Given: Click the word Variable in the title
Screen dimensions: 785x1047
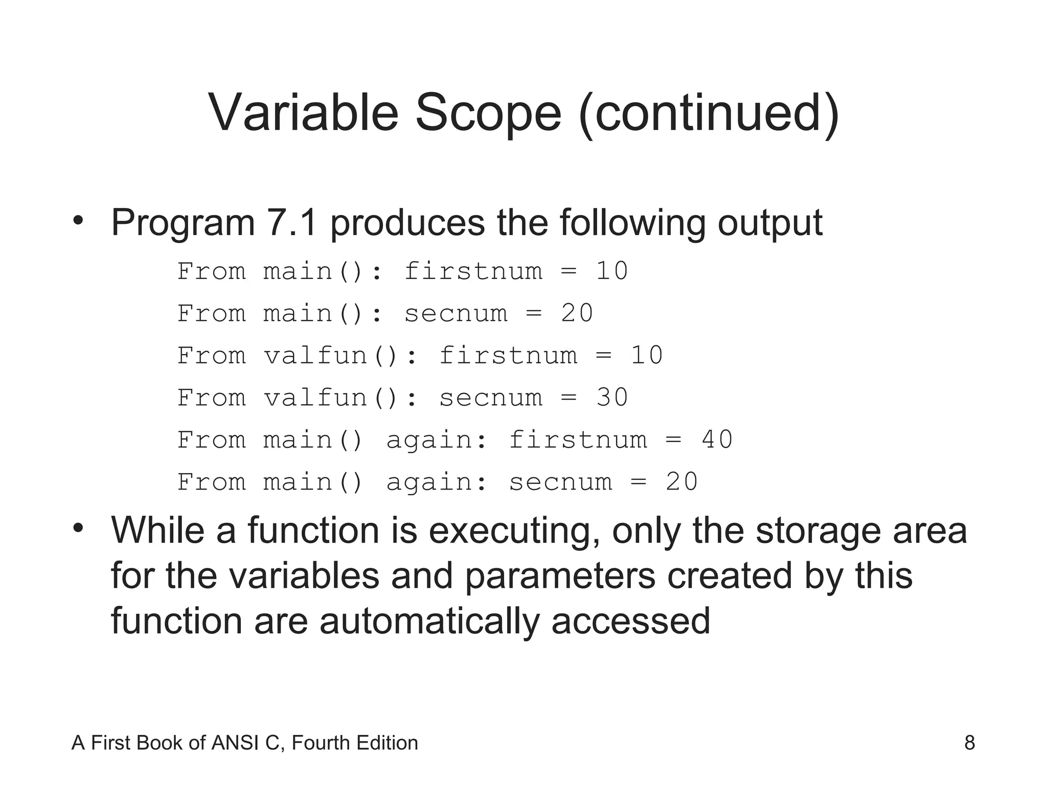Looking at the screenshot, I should (303, 113).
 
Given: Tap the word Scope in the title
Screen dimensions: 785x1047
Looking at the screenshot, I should (488, 113).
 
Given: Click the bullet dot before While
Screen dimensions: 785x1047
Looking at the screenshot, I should (78, 528).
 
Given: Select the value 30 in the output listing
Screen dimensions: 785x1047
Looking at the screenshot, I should (612, 398).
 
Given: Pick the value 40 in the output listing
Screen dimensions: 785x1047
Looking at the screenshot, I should (717, 440).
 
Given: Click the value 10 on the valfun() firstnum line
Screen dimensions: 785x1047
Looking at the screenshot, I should (647, 355).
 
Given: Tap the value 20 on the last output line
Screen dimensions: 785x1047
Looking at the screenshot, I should (682, 482).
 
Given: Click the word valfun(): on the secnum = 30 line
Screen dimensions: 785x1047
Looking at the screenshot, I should (340, 398).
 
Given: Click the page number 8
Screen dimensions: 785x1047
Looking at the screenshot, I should (969, 743).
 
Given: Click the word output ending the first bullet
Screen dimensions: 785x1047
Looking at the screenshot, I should (770, 224).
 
